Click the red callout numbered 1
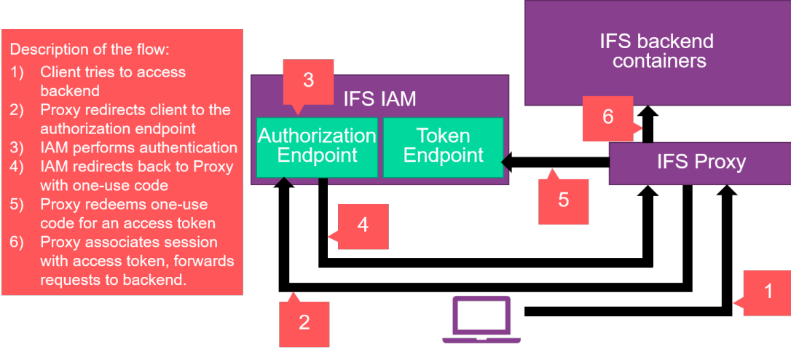767,293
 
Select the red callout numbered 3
308,80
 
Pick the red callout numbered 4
363,226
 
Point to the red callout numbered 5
563,200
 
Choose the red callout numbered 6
607,117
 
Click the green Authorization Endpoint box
317,146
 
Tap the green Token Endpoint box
443,146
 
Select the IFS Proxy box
701,162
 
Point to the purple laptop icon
481,319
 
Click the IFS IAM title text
379,100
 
